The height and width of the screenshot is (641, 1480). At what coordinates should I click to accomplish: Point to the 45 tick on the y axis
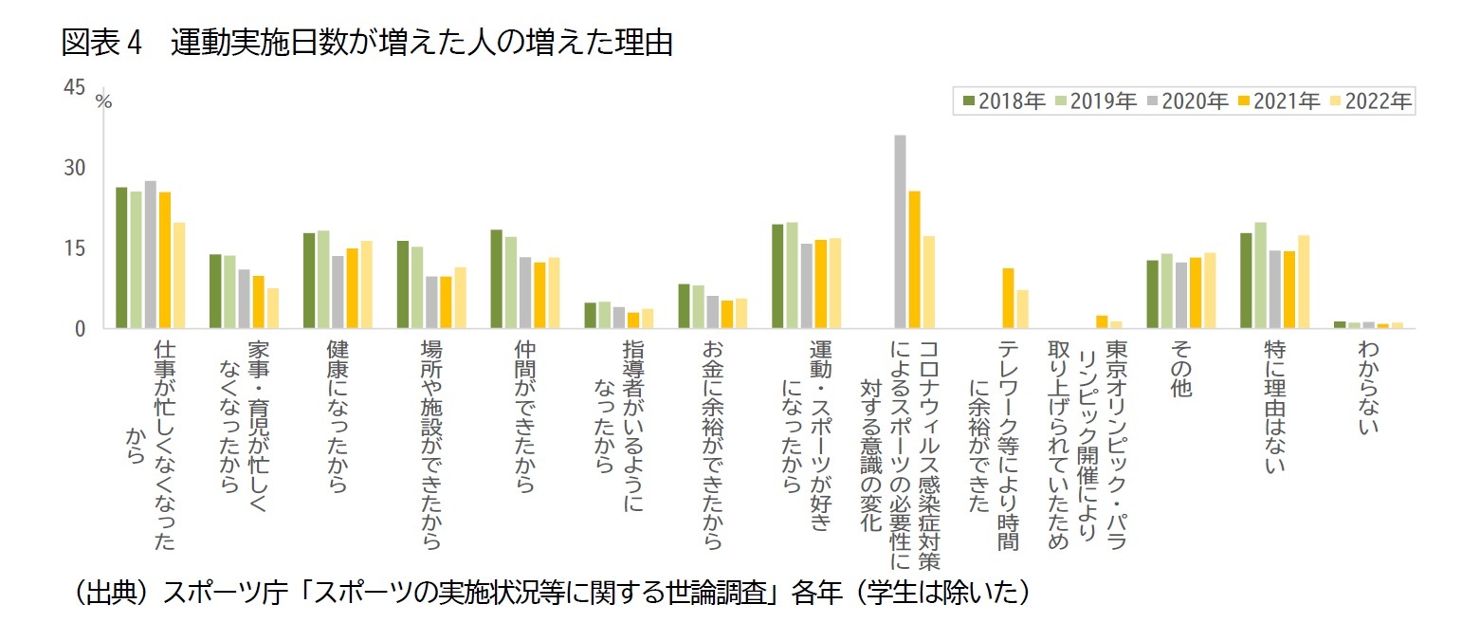(x=73, y=88)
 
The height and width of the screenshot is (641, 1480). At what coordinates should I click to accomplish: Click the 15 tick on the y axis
(x=73, y=248)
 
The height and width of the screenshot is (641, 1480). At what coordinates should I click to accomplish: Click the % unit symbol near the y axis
(x=103, y=101)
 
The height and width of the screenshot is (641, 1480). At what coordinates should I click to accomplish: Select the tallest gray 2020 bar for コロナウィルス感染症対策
(x=900, y=232)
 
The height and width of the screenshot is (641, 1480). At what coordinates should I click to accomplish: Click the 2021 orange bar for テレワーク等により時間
(x=1008, y=299)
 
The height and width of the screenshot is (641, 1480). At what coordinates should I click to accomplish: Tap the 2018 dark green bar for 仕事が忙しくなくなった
(x=121, y=258)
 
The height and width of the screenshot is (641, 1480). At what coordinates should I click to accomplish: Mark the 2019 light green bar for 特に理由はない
(x=1260, y=276)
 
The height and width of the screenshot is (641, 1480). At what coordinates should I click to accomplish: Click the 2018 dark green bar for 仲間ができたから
(x=496, y=279)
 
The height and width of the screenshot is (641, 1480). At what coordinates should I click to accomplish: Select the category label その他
(x=1180, y=369)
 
